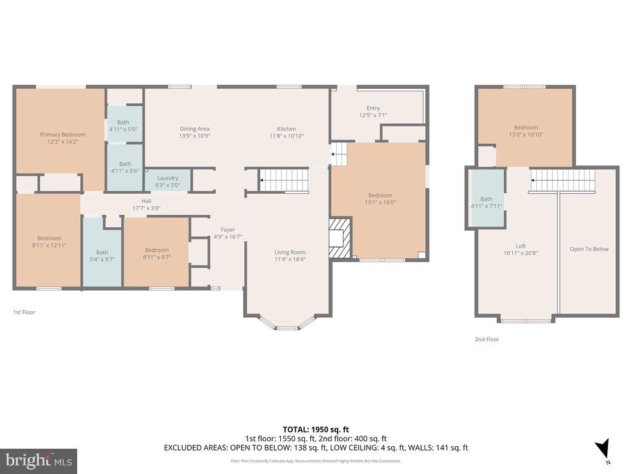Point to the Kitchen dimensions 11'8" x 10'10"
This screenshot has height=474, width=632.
286,136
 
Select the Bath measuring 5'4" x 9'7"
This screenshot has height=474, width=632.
102,256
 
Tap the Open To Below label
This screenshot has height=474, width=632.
589,249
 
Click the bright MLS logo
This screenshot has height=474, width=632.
38,460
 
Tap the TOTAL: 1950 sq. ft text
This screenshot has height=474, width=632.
316,429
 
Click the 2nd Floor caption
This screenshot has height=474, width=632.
486,339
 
